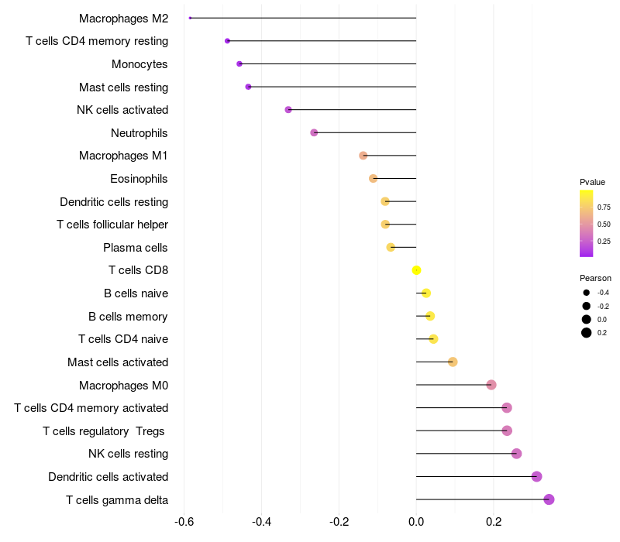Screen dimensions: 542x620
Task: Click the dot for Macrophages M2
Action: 190,18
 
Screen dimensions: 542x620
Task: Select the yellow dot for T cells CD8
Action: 416,270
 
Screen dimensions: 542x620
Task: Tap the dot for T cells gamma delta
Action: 549,499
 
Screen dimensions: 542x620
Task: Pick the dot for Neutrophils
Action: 314,132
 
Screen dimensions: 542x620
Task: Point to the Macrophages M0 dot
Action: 491,385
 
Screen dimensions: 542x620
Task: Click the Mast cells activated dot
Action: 453,362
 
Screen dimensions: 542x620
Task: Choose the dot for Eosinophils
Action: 374,178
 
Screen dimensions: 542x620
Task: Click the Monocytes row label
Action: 139,63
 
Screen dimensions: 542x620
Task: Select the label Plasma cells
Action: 136,248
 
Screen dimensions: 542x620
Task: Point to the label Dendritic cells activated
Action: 108,477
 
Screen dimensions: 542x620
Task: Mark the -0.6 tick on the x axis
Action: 184,523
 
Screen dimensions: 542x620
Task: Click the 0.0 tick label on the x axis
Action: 416,523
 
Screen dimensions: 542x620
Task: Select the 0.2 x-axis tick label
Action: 494,523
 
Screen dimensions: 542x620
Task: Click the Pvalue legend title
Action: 592,182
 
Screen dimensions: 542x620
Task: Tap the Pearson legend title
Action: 595,278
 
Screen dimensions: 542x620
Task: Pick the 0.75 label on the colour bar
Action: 604,208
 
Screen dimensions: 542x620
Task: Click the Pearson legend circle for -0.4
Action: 587,293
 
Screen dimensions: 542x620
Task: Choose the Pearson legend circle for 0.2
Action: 587,333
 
